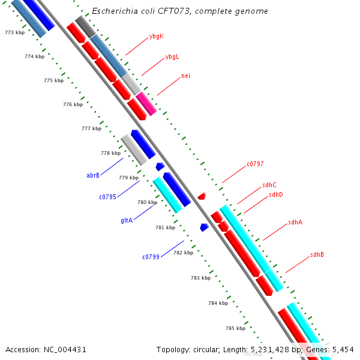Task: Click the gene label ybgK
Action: tap(156, 37)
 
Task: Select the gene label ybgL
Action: tap(172, 57)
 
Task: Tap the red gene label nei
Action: tap(185, 76)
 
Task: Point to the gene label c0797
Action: tap(255, 164)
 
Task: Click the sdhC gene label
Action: tap(269, 185)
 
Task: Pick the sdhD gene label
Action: tap(276, 194)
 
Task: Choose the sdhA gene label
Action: tap(295, 222)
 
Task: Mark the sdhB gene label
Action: tap(317, 254)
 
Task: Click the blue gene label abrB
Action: tap(93, 176)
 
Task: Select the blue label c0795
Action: tap(108, 197)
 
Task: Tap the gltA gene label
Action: tap(127, 220)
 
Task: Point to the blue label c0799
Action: tap(151, 257)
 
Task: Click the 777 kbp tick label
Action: tap(91, 128)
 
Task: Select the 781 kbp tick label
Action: tap(165, 227)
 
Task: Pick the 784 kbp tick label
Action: tap(218, 303)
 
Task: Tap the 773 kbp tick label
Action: tap(14, 32)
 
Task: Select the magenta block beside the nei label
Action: tap(146, 103)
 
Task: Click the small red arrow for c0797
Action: tap(202, 196)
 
